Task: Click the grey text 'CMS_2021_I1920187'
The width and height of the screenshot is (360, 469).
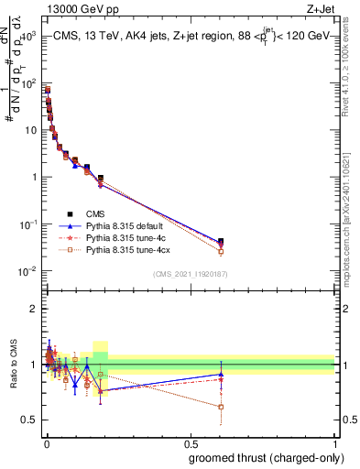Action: pyautogui.click(x=191, y=274)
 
